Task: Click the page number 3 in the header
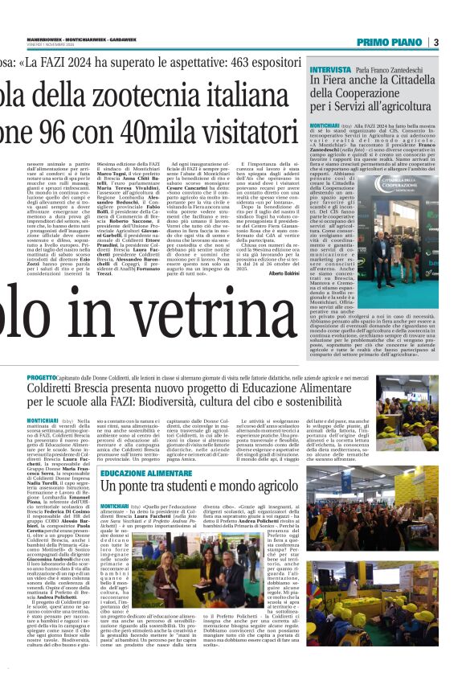pos(435,42)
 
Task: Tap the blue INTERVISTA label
pos(329,70)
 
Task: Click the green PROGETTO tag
pos(41,377)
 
